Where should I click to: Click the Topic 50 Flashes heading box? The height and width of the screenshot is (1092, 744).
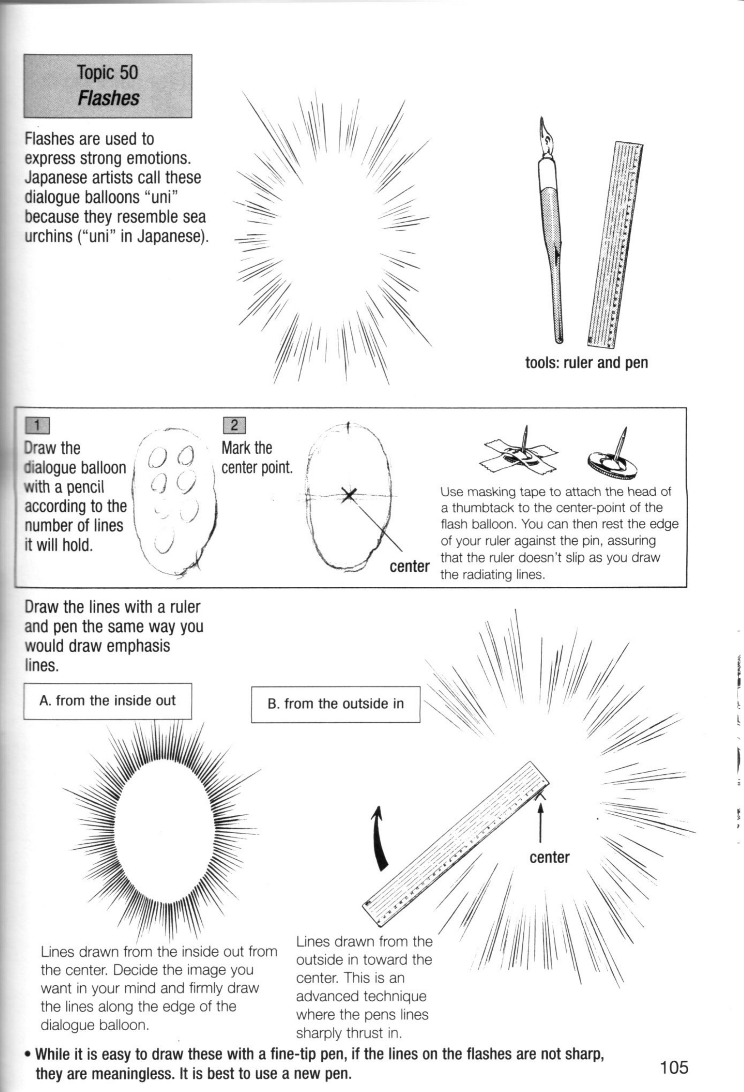107,86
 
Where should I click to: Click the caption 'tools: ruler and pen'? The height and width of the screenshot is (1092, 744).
586,362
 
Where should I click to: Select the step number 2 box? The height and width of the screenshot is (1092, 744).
235,425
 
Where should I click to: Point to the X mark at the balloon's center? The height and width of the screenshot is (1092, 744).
348,494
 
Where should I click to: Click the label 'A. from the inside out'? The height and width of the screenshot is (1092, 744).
107,701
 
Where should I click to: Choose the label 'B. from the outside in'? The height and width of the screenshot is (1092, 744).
336,704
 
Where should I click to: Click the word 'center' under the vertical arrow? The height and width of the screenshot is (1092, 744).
549,857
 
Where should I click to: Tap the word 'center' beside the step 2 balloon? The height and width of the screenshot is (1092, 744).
409,566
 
